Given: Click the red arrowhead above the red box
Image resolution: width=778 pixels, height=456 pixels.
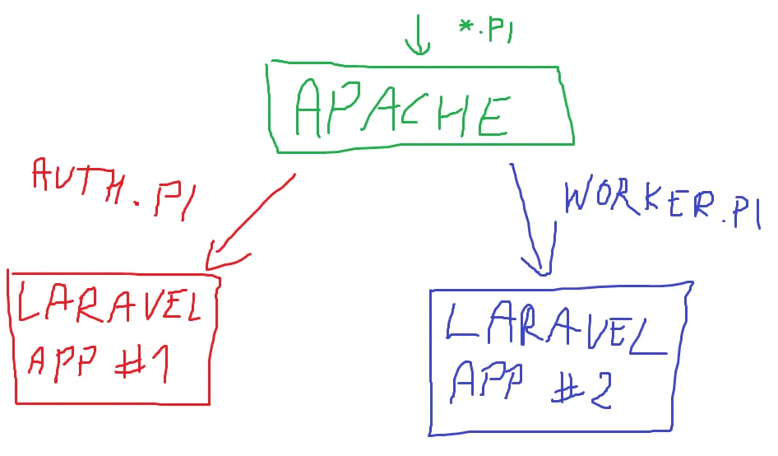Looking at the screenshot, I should [x=219, y=256].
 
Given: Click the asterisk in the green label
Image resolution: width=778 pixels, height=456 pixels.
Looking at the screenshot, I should [x=466, y=27].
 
